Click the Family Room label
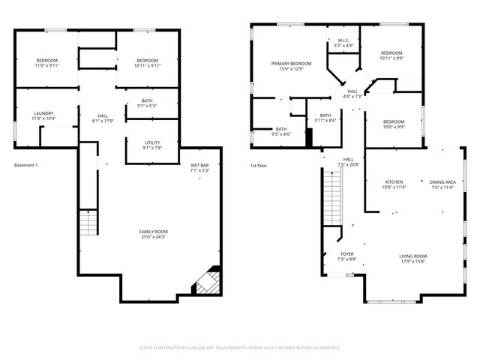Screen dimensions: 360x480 (152, 232)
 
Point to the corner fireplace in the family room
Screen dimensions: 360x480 (205, 283)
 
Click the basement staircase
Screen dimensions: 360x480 (89, 223)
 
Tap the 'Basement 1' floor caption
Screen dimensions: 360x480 (25, 165)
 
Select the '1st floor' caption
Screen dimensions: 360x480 (259, 165)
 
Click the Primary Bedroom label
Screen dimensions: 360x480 (291, 64)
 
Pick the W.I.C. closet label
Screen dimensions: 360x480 (343, 40)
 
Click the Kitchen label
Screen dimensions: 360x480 (394, 181)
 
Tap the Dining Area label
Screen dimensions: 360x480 (442, 181)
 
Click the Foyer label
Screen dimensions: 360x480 (347, 254)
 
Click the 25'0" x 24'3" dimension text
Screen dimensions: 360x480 (152, 237)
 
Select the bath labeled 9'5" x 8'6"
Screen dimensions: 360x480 (281, 131)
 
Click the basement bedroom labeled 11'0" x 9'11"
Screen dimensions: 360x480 (46, 63)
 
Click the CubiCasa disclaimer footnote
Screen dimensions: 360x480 (240, 347)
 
